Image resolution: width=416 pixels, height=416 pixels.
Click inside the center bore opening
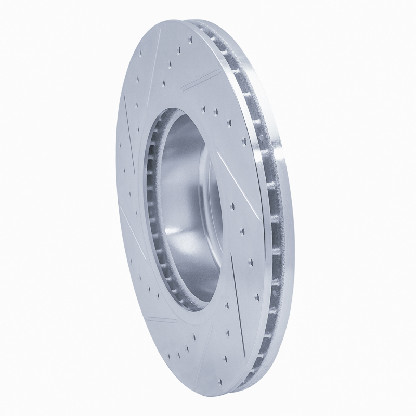182,208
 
